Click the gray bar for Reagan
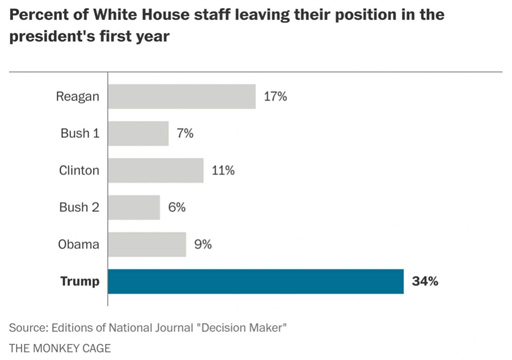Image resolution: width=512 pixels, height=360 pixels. tap(182, 96)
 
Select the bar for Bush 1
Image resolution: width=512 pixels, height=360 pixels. tap(138, 133)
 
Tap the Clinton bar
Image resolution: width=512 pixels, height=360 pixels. tap(156, 170)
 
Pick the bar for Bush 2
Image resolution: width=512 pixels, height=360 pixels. tap(134, 207)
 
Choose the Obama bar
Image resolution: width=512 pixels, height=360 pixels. tap(147, 244)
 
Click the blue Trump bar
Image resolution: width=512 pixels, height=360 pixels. tap(256, 281)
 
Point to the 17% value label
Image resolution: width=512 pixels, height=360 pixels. tap(275, 97)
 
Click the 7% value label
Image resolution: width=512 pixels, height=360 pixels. tap(185, 133)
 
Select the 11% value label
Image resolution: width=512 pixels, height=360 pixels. tap(223, 171)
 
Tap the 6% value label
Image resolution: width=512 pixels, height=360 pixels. tap(177, 207)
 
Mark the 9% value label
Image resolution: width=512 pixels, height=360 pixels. tap(203, 244)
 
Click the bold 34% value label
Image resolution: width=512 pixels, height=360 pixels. tap(425, 281)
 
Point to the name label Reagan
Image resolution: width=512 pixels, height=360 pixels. tap(78, 97)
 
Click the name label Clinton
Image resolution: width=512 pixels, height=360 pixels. tap(79, 170)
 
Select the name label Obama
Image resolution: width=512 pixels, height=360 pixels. tap(79, 244)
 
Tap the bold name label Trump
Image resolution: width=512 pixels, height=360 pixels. tap(80, 282)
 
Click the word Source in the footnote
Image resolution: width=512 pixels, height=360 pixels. tap(28, 328)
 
